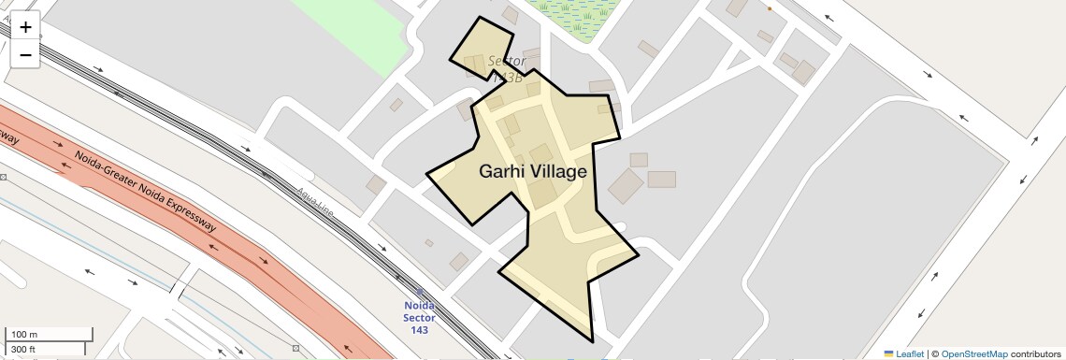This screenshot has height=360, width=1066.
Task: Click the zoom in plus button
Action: tap(25, 27)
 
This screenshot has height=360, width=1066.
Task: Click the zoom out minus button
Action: tap(25, 55)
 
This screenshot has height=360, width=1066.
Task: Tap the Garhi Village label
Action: tap(533, 172)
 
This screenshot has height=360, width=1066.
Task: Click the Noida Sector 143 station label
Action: tap(420, 317)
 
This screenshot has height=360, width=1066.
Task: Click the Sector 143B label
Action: tap(507, 68)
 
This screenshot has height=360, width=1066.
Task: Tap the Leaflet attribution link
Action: tap(909, 353)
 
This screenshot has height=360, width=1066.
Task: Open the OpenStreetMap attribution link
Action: tap(974, 353)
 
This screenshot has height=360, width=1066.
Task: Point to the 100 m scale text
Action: tap(25, 335)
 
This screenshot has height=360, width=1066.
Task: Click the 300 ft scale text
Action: tap(24, 350)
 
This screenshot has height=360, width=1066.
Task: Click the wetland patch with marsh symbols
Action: tap(575, 16)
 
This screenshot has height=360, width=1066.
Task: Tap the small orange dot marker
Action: tap(770, 8)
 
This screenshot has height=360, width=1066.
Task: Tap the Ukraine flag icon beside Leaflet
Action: tap(888, 353)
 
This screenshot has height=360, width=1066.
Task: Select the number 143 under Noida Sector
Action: tap(420, 330)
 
